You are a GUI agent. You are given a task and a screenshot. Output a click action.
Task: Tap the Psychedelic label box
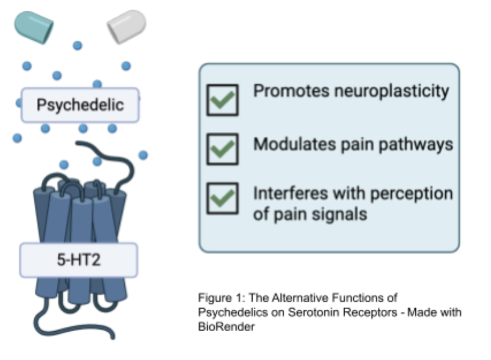(x=80, y=105)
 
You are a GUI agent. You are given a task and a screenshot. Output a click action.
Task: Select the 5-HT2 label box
(x=78, y=260)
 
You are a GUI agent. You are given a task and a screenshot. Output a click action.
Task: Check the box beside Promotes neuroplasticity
(x=222, y=100)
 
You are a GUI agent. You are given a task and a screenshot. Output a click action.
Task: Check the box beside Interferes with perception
(x=222, y=198)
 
